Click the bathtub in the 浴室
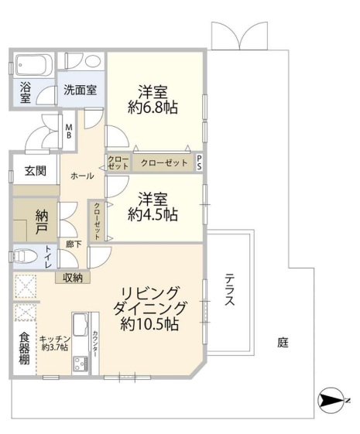coord(34,65)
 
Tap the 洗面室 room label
coord(80,90)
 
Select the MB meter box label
coord(69,132)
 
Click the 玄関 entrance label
coord(36,171)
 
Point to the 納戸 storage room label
coord(42,222)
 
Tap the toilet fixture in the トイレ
coord(26,256)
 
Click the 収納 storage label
coord(73,278)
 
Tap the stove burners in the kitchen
coord(81,363)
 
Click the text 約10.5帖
coord(149,324)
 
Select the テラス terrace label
coord(230,289)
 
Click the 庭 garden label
coord(283,343)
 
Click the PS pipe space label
coord(200,162)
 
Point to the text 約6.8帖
coord(153,108)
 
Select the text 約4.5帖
coord(153,214)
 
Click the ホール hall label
coord(82,176)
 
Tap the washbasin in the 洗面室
coord(93,61)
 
